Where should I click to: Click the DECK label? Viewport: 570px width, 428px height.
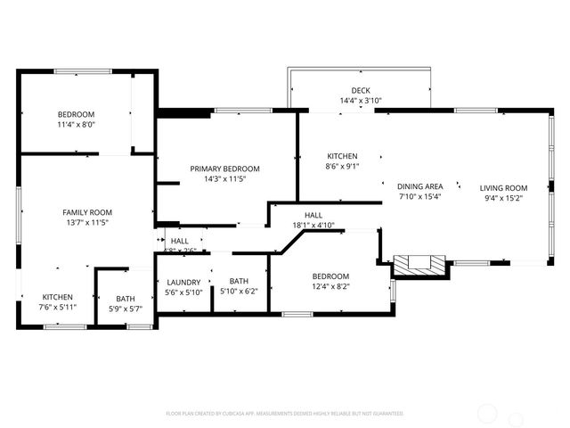coord(361,90)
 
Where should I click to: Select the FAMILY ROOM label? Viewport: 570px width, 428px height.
coord(87,211)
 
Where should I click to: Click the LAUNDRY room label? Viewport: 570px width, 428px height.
coord(184,281)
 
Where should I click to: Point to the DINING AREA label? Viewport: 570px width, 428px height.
coord(419,186)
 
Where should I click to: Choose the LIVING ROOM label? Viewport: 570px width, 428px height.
coord(503,187)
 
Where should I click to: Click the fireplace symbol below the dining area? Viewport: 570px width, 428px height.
coord(419,263)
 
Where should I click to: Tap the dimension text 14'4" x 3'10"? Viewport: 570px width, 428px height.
coord(361,101)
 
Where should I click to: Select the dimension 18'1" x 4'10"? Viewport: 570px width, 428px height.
coord(313,226)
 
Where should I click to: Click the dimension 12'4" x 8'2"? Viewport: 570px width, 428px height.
coord(330,286)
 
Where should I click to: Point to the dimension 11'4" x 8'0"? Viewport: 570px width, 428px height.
coord(77,126)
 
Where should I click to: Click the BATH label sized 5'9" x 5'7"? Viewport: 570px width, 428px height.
coord(126,298)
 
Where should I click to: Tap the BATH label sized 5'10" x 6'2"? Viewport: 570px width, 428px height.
coord(239,281)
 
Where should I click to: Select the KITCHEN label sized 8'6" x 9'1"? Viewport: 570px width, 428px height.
coord(342,155)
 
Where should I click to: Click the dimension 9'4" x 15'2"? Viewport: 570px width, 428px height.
coord(503,198)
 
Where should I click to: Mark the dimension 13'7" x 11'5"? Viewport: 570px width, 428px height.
coord(87,222)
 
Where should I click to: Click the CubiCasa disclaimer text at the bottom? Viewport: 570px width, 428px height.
coord(285,414)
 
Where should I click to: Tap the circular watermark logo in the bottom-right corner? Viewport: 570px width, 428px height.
coord(488,413)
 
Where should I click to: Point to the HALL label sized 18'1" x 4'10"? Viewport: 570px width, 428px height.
coord(313,215)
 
